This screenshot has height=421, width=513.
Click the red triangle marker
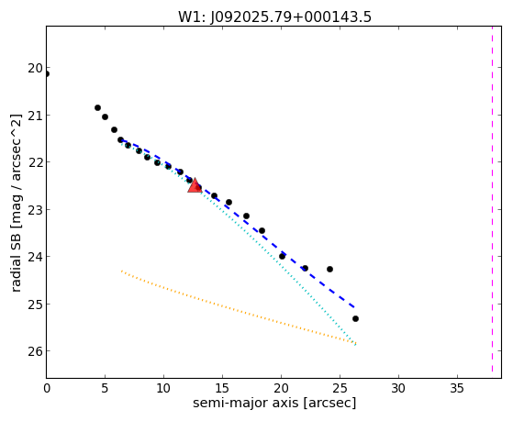click(x=195, y=185)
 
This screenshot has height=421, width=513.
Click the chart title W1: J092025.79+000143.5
click(x=274, y=17)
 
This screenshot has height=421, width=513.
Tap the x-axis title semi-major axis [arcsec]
click(x=274, y=403)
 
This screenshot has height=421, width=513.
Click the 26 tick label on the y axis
click(x=35, y=351)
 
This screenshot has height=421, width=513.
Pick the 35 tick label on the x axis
click(x=457, y=389)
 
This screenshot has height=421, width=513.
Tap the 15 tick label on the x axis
click(x=222, y=389)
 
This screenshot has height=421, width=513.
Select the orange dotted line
click(x=239, y=307)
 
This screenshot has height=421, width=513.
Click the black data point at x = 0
click(x=47, y=74)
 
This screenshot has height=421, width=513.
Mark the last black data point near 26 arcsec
click(x=356, y=318)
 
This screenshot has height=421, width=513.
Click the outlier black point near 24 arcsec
click(x=329, y=270)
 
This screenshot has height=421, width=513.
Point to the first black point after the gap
click(x=97, y=107)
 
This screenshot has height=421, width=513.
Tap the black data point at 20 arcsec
click(x=282, y=257)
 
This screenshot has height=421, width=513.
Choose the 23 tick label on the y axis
click(x=35, y=210)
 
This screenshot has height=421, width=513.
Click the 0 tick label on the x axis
click(x=47, y=389)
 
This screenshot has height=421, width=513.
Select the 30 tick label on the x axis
click(x=398, y=389)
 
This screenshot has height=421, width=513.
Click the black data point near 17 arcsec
click(x=246, y=216)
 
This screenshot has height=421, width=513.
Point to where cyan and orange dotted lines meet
click(x=356, y=343)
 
